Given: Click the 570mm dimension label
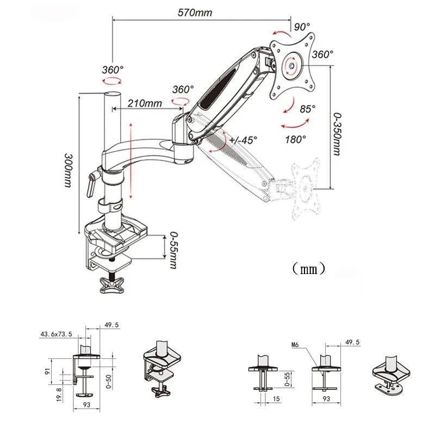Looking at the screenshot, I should pos(194,13).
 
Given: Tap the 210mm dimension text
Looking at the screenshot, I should pos(145,103).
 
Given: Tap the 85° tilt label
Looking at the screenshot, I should pos(307,109).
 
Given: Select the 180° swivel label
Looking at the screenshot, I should pos(295,139).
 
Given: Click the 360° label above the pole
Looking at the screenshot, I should pos(113,70).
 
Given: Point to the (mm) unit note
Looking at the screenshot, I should pos(308,268).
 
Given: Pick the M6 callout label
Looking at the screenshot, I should pos(295,344).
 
